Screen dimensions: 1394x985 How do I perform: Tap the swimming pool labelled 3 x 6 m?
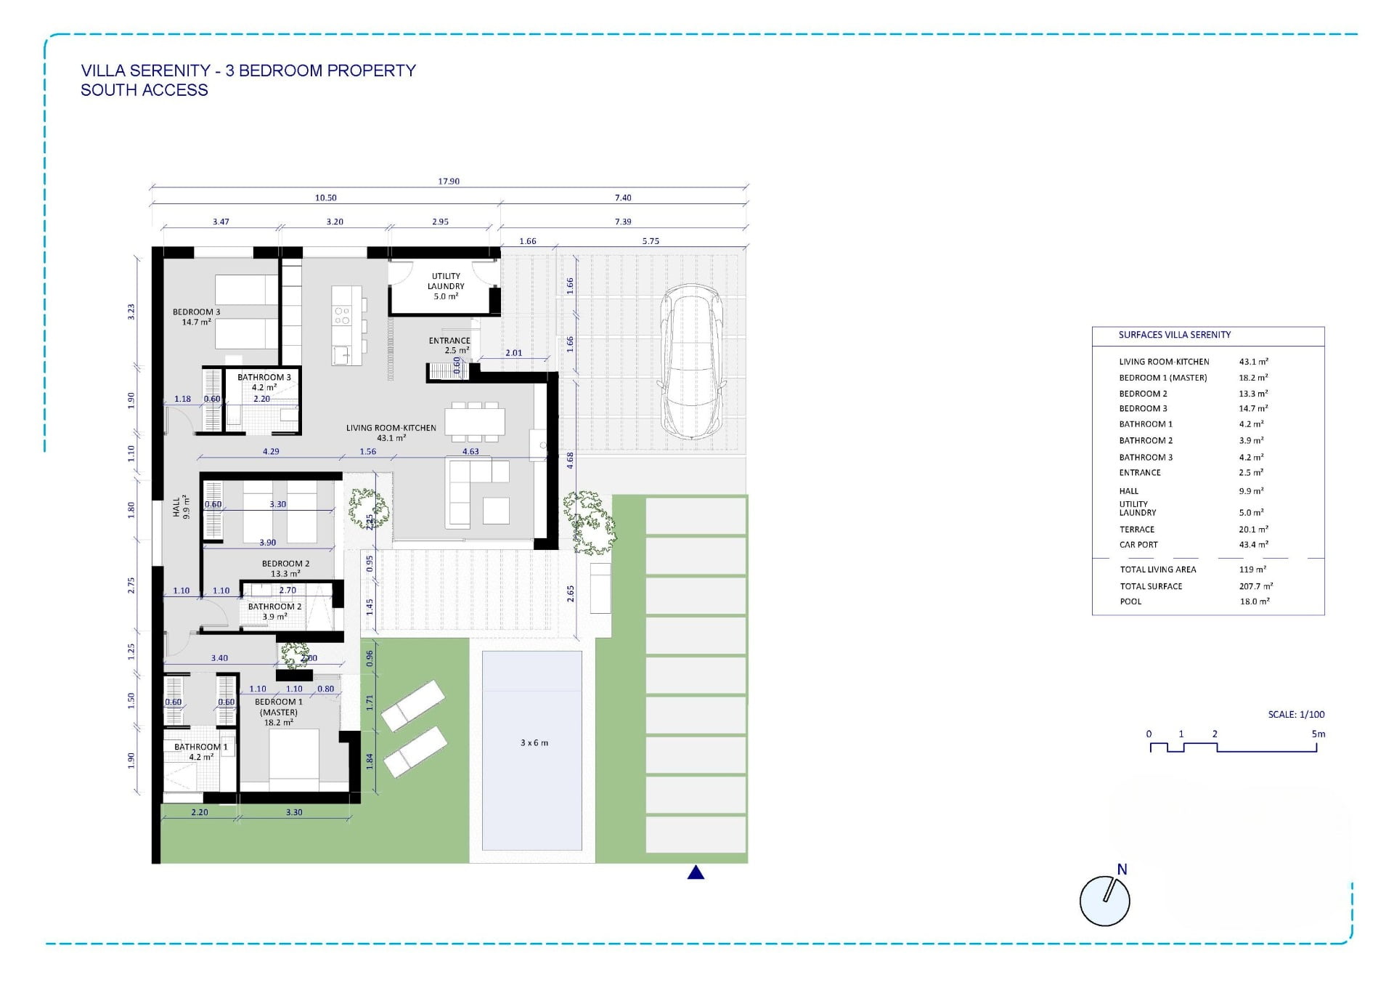point(532,750)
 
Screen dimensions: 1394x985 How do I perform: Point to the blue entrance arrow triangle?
point(696,872)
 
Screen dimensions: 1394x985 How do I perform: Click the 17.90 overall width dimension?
point(449,181)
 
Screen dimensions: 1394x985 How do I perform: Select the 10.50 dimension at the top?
point(326,198)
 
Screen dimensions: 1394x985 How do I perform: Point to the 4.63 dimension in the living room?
point(470,451)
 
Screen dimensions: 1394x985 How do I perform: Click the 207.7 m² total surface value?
point(1256,585)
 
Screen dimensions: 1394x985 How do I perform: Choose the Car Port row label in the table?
point(1138,544)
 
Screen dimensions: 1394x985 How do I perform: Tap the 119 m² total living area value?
point(1252,569)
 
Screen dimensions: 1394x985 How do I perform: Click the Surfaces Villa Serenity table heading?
point(1175,335)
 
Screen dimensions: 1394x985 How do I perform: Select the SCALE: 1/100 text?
point(1296,714)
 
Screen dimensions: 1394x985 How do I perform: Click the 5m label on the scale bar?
point(1318,734)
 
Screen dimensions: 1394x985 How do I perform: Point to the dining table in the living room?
point(474,422)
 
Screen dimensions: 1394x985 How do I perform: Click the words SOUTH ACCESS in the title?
point(144,90)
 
